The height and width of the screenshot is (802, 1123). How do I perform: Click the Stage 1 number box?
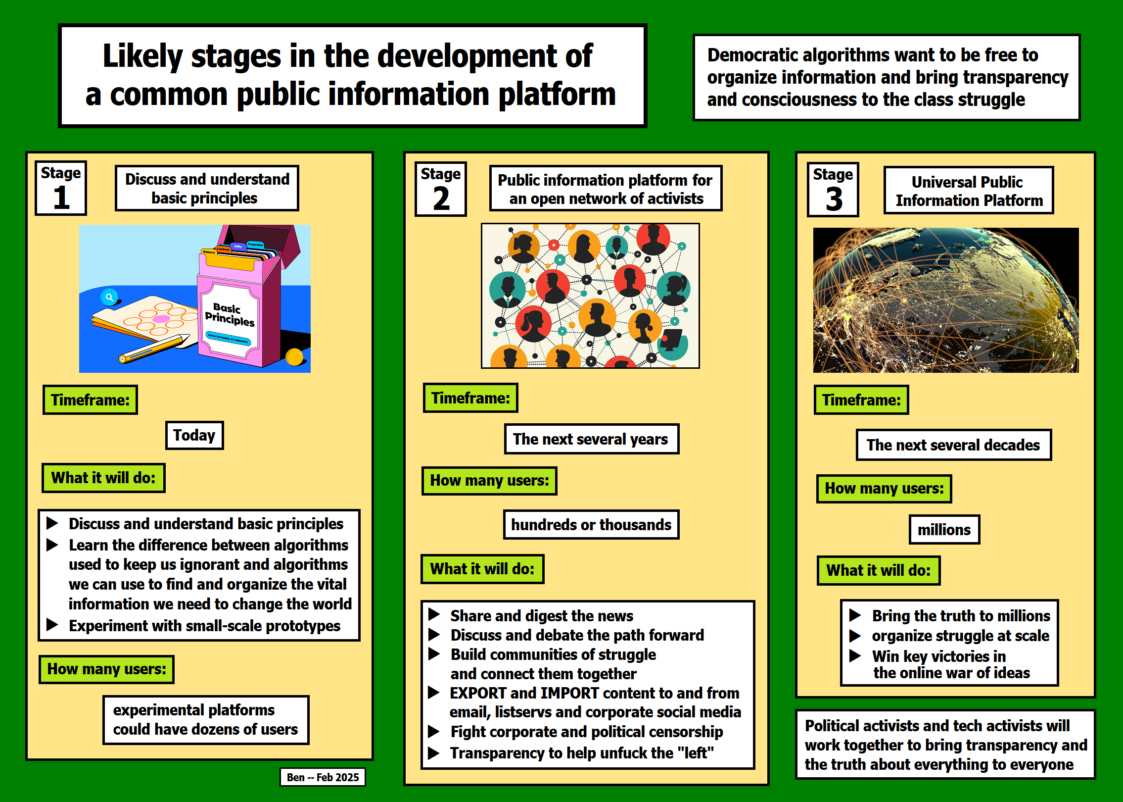[61, 188]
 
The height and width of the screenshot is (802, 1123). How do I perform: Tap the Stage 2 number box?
[441, 189]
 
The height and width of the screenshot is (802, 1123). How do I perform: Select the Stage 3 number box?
[833, 190]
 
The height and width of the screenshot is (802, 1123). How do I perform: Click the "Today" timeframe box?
[194, 435]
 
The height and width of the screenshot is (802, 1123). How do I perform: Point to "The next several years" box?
[591, 439]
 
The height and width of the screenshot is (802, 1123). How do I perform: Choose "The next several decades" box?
[953, 445]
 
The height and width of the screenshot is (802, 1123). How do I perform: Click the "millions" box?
[944, 530]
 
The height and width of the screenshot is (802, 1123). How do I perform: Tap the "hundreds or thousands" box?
[591, 525]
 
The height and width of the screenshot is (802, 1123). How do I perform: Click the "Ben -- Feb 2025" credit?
[323, 777]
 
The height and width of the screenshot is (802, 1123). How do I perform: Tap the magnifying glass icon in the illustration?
[109, 297]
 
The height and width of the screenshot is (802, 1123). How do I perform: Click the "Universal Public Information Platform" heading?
[969, 191]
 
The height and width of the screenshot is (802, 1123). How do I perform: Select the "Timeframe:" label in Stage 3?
[861, 400]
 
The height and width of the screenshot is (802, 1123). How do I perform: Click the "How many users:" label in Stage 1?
[106, 669]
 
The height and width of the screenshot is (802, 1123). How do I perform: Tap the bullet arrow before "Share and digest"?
[434, 615]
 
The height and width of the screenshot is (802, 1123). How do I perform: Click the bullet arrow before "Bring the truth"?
[855, 615]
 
